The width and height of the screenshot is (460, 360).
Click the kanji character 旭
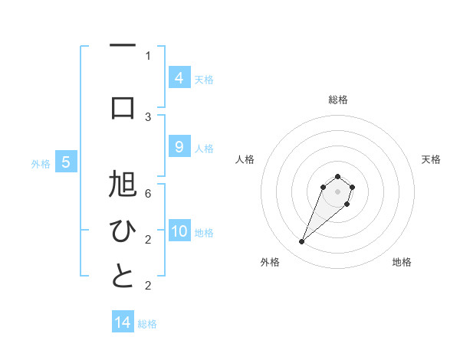(x=123, y=187)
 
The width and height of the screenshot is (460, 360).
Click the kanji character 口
(x=123, y=108)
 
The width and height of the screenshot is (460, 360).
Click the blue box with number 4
(x=179, y=78)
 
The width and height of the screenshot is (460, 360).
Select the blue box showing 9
(x=179, y=147)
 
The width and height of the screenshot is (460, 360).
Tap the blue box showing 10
(x=179, y=231)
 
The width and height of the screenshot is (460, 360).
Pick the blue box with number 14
(x=123, y=323)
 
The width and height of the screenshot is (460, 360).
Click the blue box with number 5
(x=66, y=162)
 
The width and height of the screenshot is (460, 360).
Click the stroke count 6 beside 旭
(x=148, y=194)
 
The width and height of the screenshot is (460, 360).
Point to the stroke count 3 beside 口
(x=148, y=117)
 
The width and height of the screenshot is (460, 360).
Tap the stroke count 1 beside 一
(x=148, y=55)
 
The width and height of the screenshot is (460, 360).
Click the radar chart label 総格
(x=338, y=100)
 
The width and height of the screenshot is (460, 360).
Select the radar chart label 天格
(x=431, y=159)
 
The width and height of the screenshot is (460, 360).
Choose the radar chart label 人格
(x=245, y=159)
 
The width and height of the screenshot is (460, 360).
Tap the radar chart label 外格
(x=269, y=262)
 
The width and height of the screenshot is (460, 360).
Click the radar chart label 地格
(x=402, y=262)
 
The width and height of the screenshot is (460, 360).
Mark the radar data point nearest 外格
(x=301, y=242)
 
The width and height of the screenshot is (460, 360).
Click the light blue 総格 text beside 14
(x=147, y=324)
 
